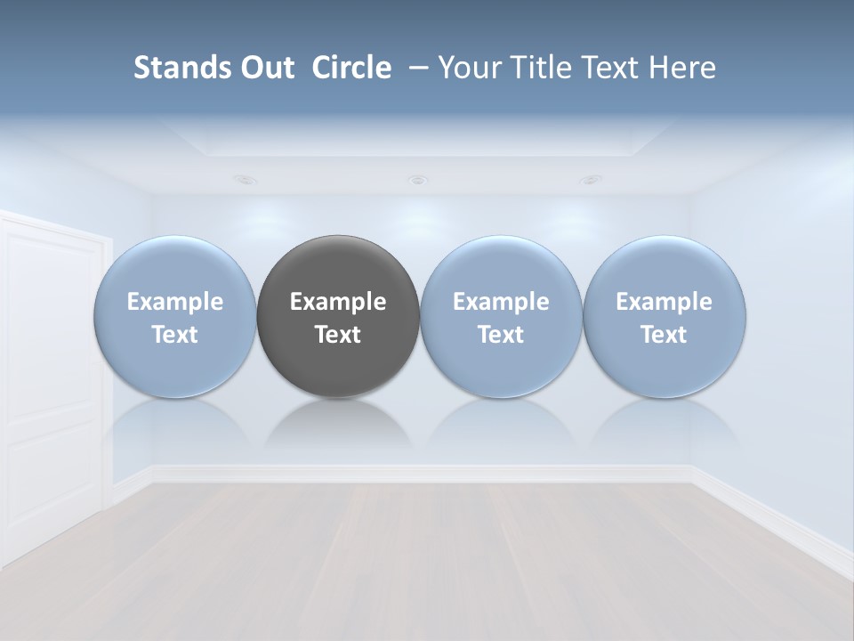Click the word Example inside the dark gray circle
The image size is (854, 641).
(338, 303)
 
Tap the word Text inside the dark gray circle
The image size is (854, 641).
(338, 335)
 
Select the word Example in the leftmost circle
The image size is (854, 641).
(174, 303)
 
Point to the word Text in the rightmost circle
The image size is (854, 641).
(665, 335)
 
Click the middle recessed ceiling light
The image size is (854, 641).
(417, 181)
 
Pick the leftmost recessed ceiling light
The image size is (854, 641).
(246, 180)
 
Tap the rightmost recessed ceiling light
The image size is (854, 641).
(590, 180)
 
